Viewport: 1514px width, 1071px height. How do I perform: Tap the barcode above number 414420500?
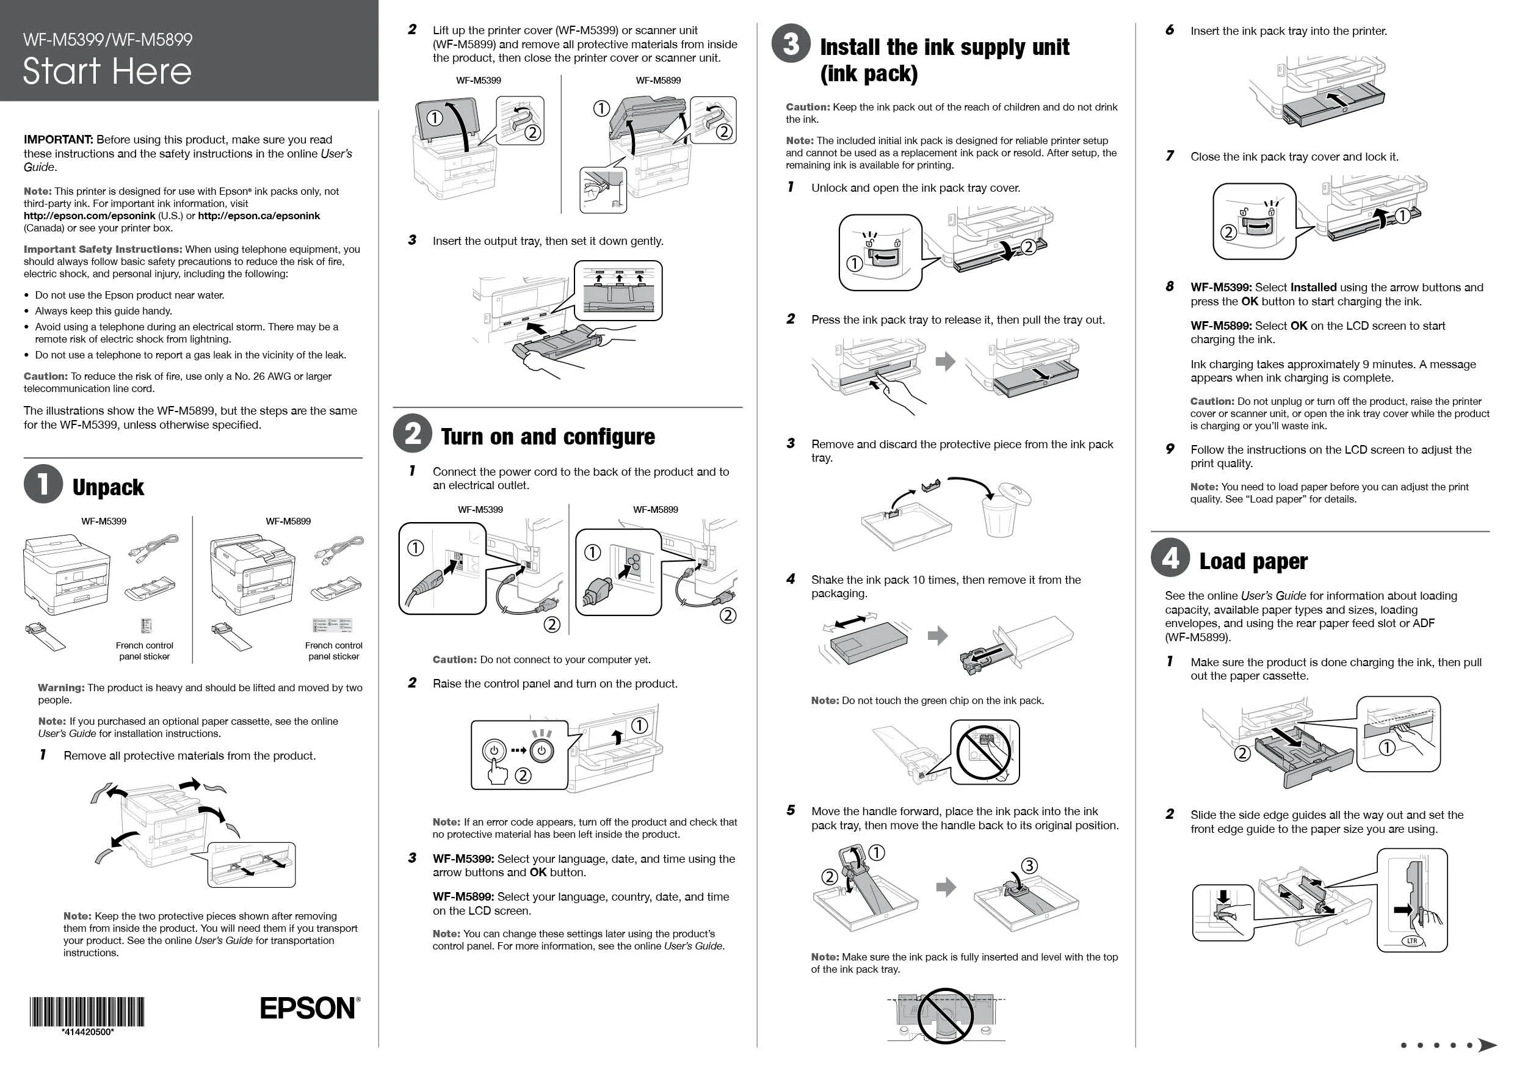point(87,1012)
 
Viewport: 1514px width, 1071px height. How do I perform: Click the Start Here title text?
point(107,71)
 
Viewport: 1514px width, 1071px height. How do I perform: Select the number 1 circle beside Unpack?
point(43,484)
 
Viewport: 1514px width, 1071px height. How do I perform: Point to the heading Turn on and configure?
point(548,437)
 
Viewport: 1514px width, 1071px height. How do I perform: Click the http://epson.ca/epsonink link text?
point(258,216)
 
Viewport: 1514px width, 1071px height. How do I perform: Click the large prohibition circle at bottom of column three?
point(946,1015)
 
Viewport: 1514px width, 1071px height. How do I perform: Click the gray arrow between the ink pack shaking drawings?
point(938,636)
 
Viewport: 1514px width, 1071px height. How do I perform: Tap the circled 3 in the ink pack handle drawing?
point(1029,865)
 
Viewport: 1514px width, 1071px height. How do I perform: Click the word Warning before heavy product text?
point(60,687)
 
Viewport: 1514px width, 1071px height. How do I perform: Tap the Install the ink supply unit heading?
point(944,59)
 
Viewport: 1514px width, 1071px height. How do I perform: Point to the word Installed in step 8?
point(1313,288)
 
